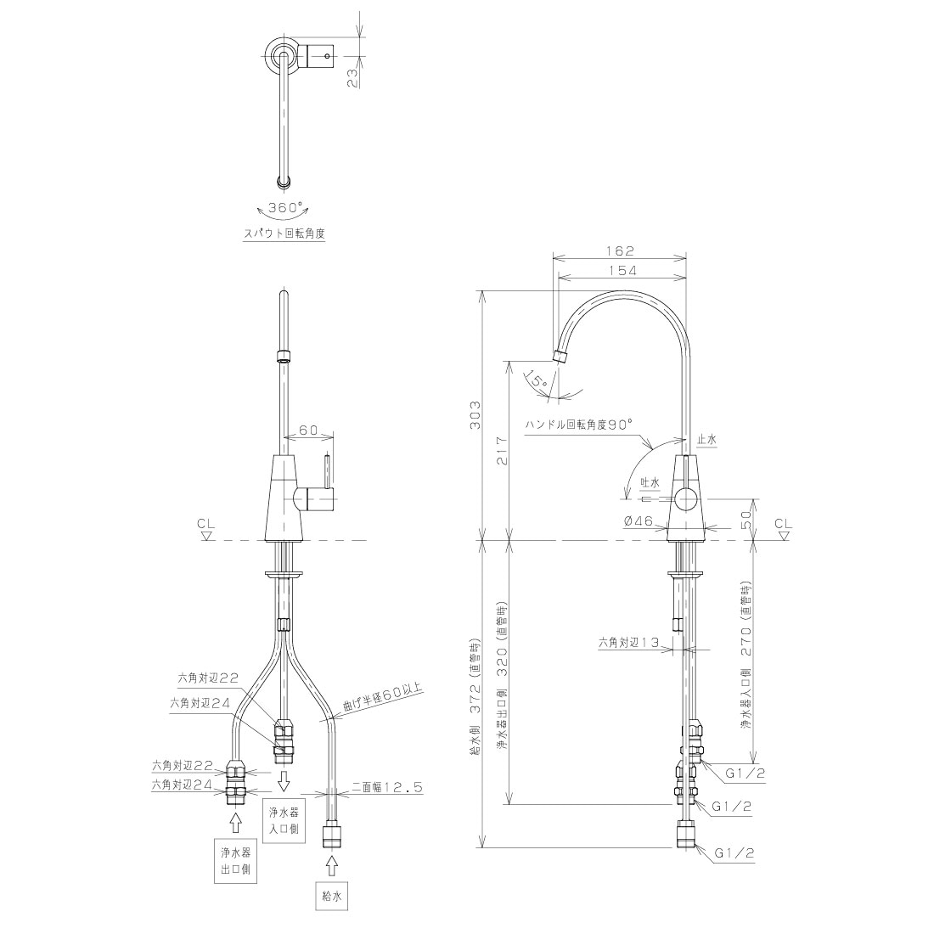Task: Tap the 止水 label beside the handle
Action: (x=707, y=439)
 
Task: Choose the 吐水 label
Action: (x=650, y=481)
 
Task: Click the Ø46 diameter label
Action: (x=638, y=521)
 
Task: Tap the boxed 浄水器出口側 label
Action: (x=235, y=861)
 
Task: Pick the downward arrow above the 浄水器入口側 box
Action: (x=284, y=779)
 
